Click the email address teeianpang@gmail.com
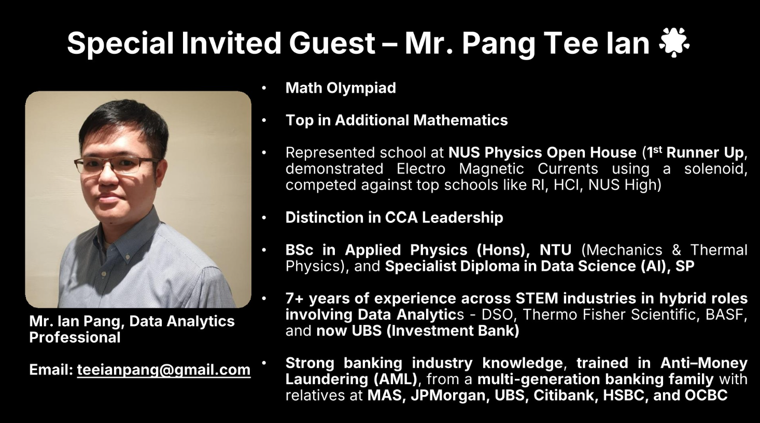[x=163, y=370]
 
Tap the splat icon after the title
[x=674, y=43]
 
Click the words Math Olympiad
[x=341, y=88]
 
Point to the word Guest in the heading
[x=332, y=43]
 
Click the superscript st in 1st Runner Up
[x=657, y=149]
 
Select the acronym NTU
[x=555, y=250]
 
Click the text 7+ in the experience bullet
[x=294, y=299]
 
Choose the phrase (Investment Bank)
[x=453, y=331]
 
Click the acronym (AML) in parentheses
[x=396, y=379]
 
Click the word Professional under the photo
[x=75, y=337]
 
